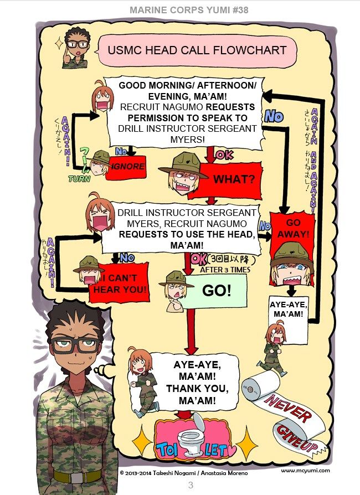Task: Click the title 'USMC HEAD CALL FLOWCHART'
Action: click(x=197, y=50)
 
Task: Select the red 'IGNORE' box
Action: click(x=128, y=166)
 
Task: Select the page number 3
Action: click(x=191, y=486)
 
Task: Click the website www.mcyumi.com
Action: click(x=305, y=471)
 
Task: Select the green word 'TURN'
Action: click(x=79, y=179)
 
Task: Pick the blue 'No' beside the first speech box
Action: click(x=274, y=117)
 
